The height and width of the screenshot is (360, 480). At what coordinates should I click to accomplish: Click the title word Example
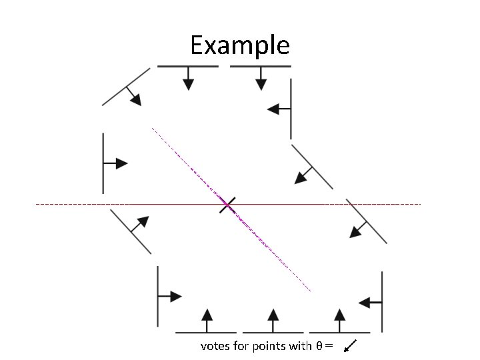click(x=239, y=46)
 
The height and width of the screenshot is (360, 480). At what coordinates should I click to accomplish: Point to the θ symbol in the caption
click(x=319, y=346)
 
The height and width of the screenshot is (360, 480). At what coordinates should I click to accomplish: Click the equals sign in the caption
click(x=329, y=346)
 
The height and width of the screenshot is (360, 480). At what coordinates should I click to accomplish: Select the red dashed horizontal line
click(x=100, y=204)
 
